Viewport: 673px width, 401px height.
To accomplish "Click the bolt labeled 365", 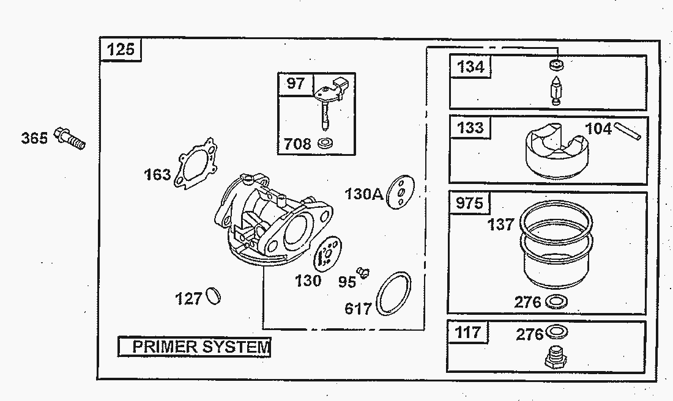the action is pyautogui.click(x=70, y=139).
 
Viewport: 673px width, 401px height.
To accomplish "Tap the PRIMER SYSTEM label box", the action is pyautogui.click(x=195, y=347).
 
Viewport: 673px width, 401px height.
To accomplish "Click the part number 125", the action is pyautogui.click(x=121, y=50).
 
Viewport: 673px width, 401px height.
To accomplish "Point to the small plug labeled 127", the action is pyautogui.click(x=213, y=296).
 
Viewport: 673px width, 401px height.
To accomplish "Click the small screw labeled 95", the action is pyautogui.click(x=364, y=272).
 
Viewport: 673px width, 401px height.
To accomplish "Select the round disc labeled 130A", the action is pyautogui.click(x=400, y=192).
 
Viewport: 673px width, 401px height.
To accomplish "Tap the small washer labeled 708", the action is pyautogui.click(x=325, y=143).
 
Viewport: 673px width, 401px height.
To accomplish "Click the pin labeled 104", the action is pyautogui.click(x=628, y=131).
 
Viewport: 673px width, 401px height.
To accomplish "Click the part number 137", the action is pyautogui.click(x=500, y=224).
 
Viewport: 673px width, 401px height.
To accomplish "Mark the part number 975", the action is pyautogui.click(x=469, y=202).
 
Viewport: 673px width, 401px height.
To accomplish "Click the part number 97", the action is pyautogui.click(x=296, y=83).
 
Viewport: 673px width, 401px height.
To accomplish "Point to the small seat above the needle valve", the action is pyautogui.click(x=556, y=64).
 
